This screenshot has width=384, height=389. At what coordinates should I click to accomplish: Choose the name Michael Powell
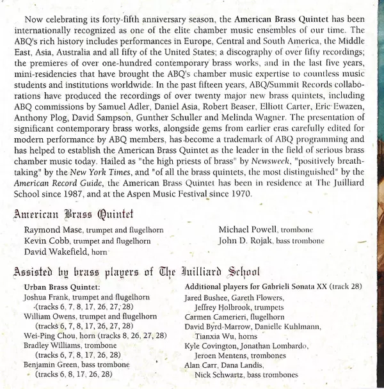point(246,230)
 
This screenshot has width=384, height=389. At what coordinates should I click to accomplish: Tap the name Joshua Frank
point(45,298)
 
